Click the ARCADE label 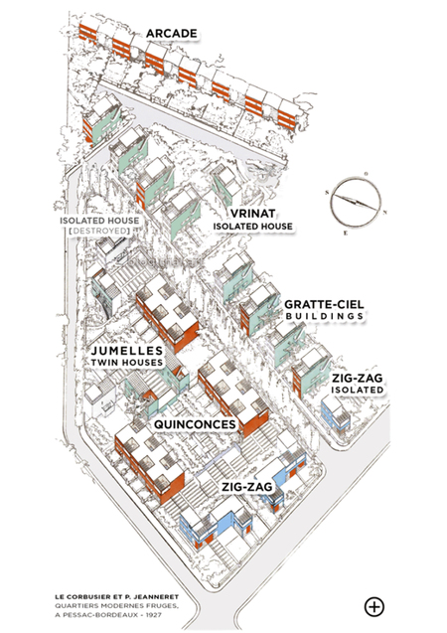pyautogui.click(x=172, y=34)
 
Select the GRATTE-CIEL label pyautogui.click(x=324, y=304)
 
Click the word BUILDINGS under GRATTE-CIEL pyautogui.click(x=324, y=316)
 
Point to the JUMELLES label pyautogui.click(x=127, y=351)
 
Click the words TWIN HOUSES pyautogui.click(x=127, y=363)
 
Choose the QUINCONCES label pyautogui.click(x=195, y=424)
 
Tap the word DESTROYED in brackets pyautogui.click(x=99, y=231)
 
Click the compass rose pyautogui.click(x=356, y=202)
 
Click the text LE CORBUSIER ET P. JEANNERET pyautogui.click(x=117, y=596)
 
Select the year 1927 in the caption pyautogui.click(x=158, y=615)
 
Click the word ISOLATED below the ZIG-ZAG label pyautogui.click(x=357, y=390)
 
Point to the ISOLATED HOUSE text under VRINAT pyautogui.click(x=253, y=227)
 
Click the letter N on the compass pyautogui.click(x=384, y=213)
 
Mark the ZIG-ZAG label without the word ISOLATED pyautogui.click(x=245, y=487)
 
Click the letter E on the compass pyautogui.click(x=345, y=233)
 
